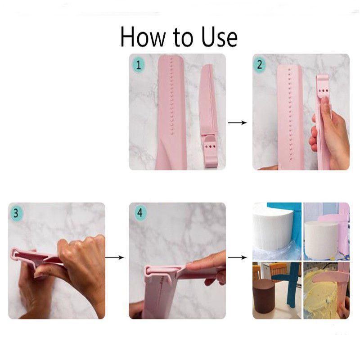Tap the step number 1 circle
pos(138,64)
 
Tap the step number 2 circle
pos(259,64)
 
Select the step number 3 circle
pos(16,213)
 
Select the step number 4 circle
pos(139,213)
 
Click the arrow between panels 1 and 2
pos(238,122)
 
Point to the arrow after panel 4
pos(238,257)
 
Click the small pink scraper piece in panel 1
pos(208,117)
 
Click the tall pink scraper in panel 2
pos(290,117)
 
